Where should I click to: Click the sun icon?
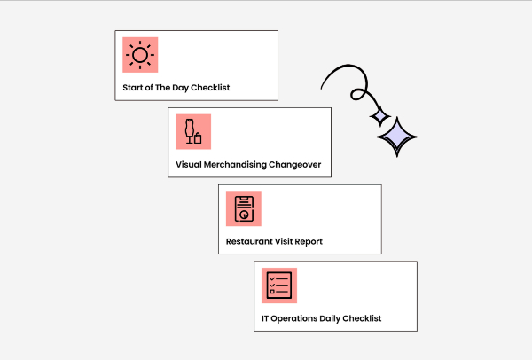140,55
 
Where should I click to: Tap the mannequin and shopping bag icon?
193,131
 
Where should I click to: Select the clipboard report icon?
244,208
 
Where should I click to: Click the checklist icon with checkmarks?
279,286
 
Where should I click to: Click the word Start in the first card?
133,88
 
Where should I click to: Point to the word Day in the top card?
180,88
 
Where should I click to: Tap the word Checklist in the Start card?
210,88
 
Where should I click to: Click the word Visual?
188,165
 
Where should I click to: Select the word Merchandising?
235,165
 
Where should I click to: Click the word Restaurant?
249,241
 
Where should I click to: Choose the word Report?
309,242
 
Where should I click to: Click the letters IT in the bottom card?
265,318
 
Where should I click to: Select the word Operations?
294,319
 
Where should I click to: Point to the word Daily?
330,319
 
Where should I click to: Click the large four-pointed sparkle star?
397,137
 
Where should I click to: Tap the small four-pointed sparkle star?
380,116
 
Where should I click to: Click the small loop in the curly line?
358,94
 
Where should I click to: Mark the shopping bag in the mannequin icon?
198,138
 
